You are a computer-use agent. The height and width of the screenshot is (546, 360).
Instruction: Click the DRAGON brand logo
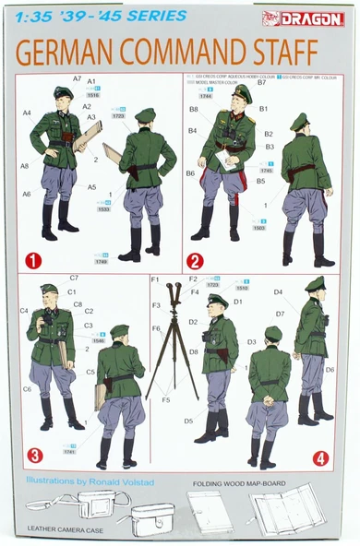(x=317, y=18)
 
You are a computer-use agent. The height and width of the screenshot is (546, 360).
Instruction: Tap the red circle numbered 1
(x=34, y=260)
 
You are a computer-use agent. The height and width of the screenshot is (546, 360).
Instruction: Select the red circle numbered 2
(x=195, y=260)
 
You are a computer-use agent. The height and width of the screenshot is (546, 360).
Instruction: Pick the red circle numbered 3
(x=34, y=455)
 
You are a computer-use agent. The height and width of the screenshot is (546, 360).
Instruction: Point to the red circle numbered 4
(x=320, y=457)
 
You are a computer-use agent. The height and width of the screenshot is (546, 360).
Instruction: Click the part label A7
(x=78, y=78)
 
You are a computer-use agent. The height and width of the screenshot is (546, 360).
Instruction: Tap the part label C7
(x=74, y=278)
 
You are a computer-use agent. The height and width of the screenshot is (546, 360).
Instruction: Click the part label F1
(x=155, y=279)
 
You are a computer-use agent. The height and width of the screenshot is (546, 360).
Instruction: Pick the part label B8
(x=194, y=109)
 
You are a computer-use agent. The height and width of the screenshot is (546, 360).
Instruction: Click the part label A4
(x=27, y=113)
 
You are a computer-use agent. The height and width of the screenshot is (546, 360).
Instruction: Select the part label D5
(x=188, y=421)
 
